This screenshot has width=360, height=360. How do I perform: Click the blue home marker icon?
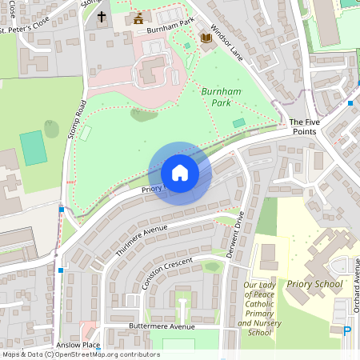179,173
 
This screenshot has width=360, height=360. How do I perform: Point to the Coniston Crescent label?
168,274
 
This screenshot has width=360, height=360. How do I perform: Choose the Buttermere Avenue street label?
162,326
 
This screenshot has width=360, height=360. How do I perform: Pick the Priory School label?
315,284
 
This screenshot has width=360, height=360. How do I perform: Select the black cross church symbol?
102,16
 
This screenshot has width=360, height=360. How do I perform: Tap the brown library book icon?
206,38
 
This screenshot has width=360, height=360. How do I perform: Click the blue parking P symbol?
347,330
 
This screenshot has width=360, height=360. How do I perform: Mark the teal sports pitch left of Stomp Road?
33,148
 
